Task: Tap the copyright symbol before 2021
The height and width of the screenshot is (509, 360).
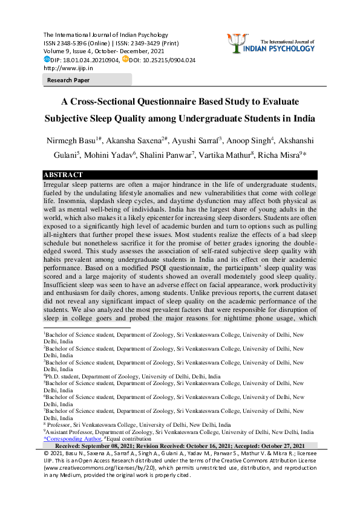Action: tap(47, 452)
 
